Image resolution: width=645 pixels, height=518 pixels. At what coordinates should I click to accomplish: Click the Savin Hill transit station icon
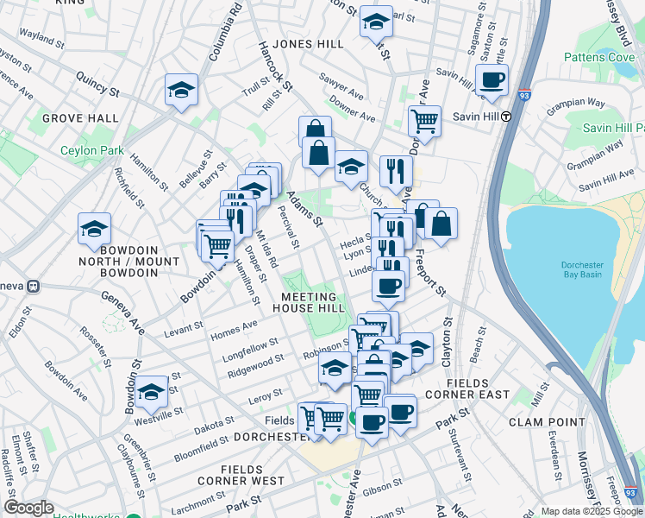(x=506, y=117)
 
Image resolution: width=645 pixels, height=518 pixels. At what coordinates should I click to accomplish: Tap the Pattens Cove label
(x=598, y=57)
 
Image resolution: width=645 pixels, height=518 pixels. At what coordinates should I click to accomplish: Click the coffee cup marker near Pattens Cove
(x=492, y=81)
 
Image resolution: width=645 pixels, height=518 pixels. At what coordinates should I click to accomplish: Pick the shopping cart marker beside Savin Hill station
(x=424, y=122)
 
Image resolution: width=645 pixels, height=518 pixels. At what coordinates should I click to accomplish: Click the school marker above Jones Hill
(x=376, y=22)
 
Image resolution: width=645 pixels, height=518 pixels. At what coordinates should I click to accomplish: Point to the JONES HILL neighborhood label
(x=308, y=44)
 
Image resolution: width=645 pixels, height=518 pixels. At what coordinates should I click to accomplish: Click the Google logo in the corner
(x=28, y=508)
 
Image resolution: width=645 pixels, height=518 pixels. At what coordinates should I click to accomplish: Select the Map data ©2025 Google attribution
(x=592, y=511)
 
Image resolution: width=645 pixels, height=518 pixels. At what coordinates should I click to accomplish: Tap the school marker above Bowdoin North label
(x=94, y=229)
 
